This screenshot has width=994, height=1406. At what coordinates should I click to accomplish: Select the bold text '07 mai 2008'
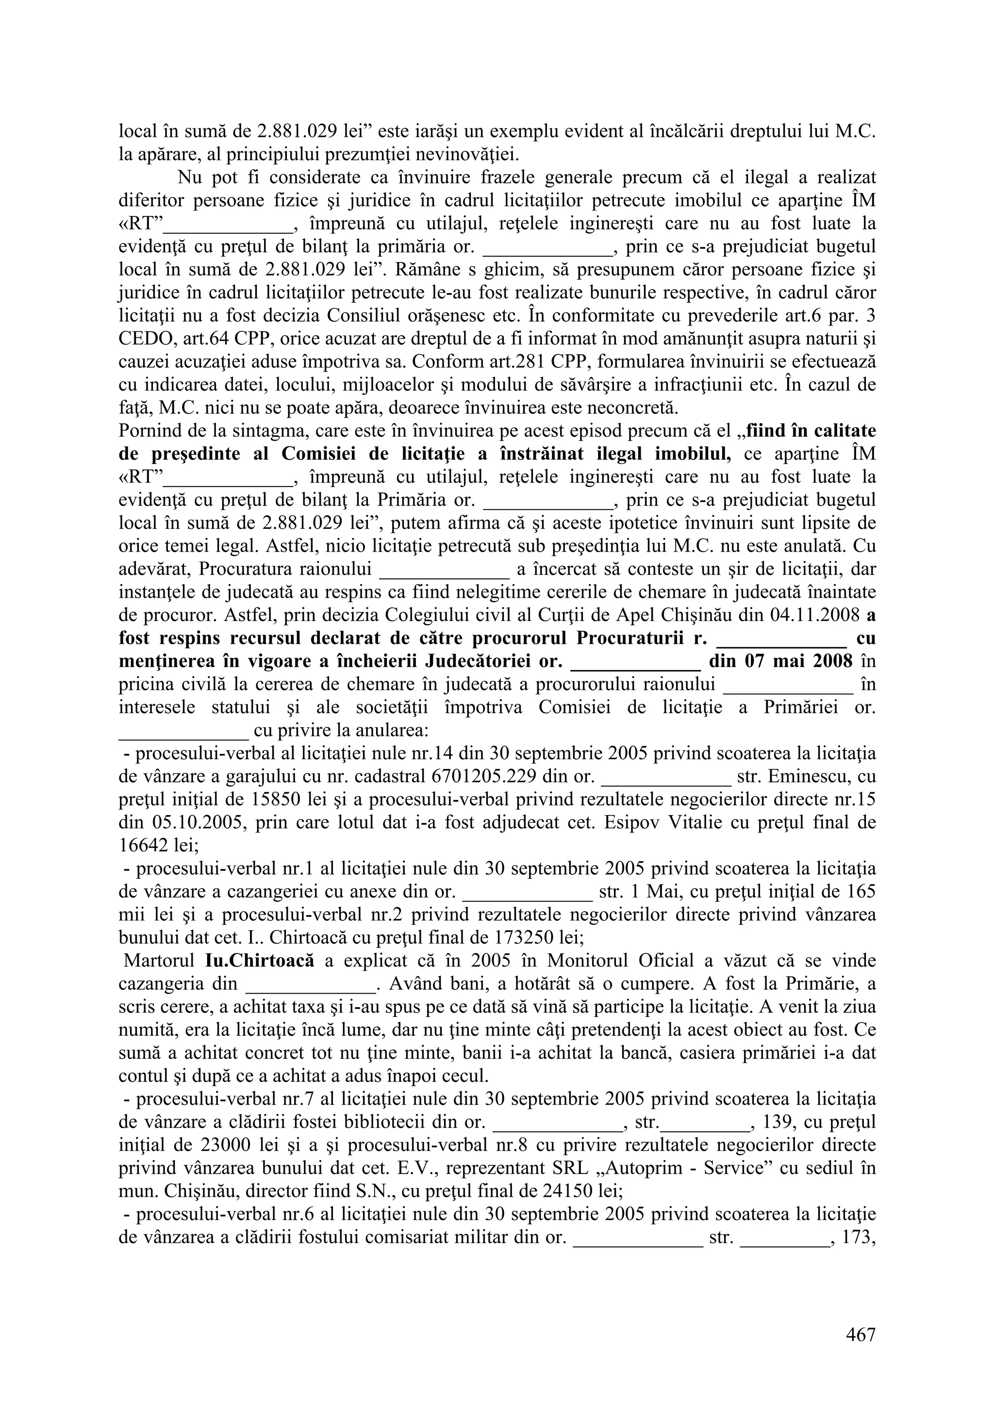(x=798, y=661)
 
